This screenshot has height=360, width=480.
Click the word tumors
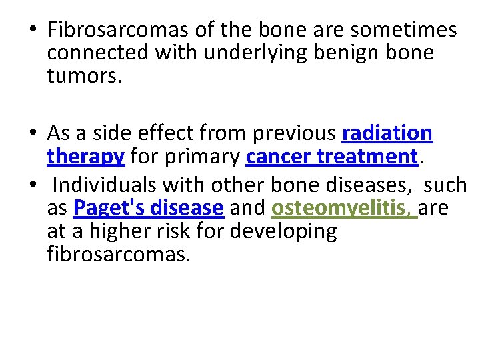[x=84, y=76]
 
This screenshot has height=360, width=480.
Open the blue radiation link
[x=387, y=133]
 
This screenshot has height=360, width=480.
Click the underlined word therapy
[x=85, y=157]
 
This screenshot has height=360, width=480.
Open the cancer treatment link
[x=331, y=157]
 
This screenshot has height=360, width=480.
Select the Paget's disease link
[x=148, y=208]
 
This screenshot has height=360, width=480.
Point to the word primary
[x=200, y=157]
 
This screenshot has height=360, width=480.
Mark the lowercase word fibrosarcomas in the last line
[x=119, y=254]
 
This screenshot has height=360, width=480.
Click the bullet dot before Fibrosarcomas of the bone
[x=32, y=31]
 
